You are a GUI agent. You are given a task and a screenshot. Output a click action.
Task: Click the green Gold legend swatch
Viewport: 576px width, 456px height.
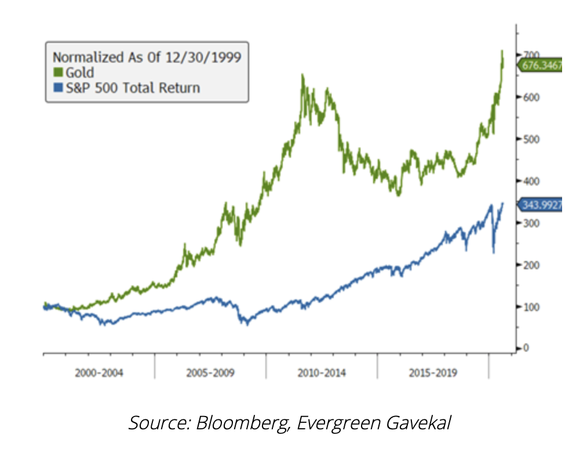click(x=57, y=73)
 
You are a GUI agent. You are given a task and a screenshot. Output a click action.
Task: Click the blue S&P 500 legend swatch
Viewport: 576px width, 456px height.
click(x=57, y=88)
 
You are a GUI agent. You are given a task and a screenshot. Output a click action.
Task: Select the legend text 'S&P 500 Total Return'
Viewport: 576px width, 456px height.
click(x=133, y=88)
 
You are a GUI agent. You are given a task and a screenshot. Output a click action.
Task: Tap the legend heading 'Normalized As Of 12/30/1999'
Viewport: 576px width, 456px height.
click(x=147, y=57)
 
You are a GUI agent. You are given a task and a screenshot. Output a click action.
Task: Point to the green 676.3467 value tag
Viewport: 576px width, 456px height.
click(x=541, y=66)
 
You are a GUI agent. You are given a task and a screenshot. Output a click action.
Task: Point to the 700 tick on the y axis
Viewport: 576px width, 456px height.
click(x=527, y=55)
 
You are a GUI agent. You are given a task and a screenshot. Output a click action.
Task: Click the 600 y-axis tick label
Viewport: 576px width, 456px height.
click(x=527, y=97)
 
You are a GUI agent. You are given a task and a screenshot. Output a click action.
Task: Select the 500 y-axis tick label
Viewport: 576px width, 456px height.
click(x=527, y=139)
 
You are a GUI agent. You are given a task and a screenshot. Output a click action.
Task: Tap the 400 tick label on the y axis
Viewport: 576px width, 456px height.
click(x=527, y=181)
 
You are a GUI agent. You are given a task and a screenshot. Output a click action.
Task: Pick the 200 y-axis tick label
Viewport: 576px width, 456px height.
click(x=527, y=265)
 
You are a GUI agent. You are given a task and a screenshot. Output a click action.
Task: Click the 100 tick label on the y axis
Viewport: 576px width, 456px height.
click(x=527, y=307)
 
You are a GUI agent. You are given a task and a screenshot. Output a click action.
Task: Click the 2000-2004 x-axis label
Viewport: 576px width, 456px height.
click(x=99, y=373)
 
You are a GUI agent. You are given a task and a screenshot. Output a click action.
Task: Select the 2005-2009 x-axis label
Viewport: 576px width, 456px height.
click(x=210, y=373)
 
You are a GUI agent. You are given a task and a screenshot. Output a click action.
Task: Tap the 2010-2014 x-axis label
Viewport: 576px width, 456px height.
click(x=322, y=373)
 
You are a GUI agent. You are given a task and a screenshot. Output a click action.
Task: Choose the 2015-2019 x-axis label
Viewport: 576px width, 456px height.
click(x=433, y=373)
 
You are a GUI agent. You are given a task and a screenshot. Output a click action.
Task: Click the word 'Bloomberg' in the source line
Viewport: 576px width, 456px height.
click(x=243, y=423)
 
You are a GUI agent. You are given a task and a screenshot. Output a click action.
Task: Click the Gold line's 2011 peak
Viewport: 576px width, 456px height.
click(x=302, y=75)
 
